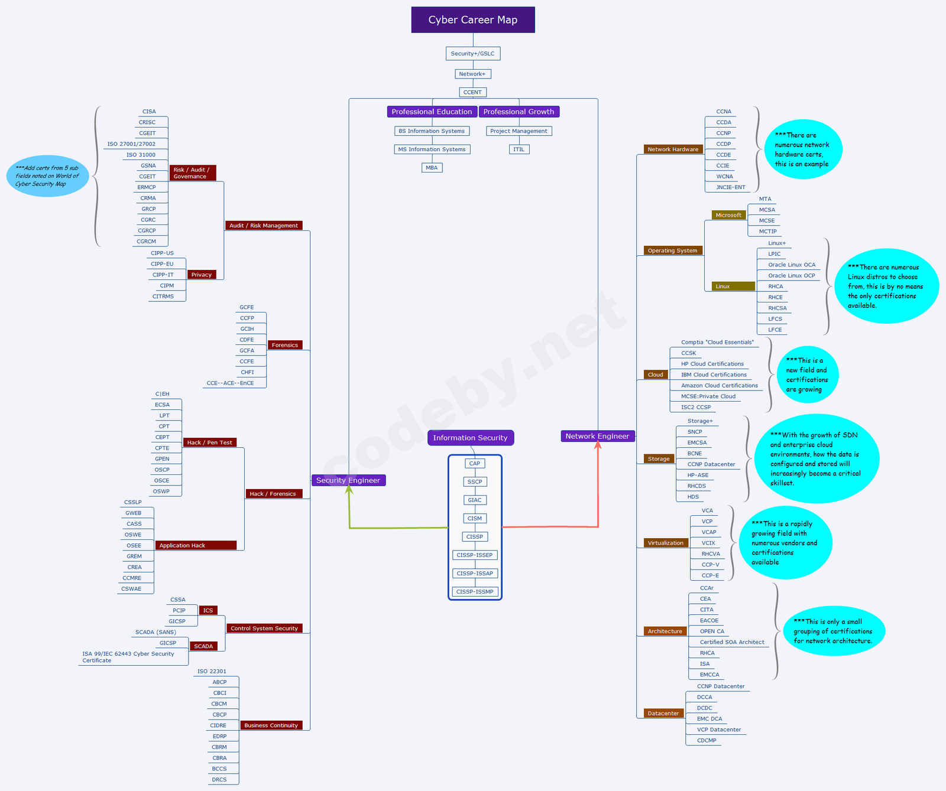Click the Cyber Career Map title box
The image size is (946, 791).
[x=473, y=19]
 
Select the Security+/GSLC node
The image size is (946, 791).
[x=472, y=54]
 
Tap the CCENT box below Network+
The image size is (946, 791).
[x=472, y=92]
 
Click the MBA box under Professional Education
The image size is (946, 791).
[x=432, y=168]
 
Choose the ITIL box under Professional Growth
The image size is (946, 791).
[x=519, y=149]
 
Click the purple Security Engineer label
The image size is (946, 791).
[x=348, y=480]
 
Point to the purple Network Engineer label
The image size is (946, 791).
[x=597, y=436]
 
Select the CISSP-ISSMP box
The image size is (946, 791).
[x=475, y=591]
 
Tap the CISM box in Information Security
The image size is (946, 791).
[x=475, y=518]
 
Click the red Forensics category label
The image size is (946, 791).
[x=285, y=345]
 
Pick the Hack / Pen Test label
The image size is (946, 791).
[x=210, y=442]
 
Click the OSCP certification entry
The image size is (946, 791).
[x=162, y=470]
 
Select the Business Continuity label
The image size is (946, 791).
[x=271, y=725]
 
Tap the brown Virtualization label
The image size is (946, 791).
[x=665, y=543]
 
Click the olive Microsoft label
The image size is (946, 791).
[x=728, y=215]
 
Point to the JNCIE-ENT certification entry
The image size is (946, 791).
[x=731, y=187]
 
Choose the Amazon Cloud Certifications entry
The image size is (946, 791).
[x=719, y=385]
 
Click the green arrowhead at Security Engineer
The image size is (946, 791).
[x=349, y=490]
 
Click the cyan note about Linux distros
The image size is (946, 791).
[x=885, y=286]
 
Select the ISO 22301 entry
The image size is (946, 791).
[x=212, y=671]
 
